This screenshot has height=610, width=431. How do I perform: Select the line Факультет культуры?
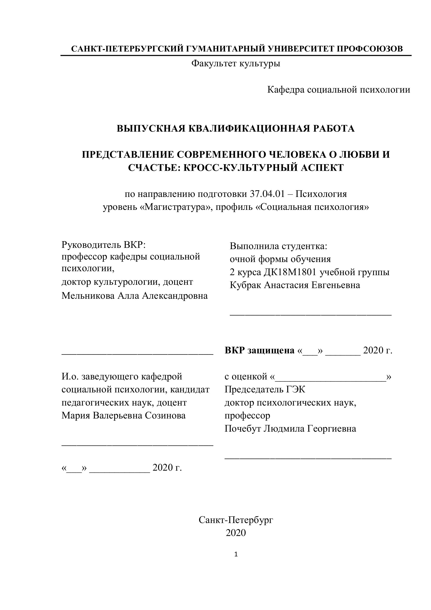236,63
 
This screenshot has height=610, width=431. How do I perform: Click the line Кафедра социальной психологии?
339,90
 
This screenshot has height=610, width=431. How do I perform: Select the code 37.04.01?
267,194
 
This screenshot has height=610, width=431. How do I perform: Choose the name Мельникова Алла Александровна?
134,296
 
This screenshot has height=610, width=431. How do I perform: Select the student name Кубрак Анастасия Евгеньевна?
295,285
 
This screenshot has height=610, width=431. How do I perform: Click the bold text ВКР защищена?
259,350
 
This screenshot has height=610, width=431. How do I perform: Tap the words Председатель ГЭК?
265,389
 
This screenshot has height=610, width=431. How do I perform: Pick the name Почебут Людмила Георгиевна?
290,429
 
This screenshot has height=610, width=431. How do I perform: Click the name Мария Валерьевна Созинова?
123,415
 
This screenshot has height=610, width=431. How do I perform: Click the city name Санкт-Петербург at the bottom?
236,520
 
